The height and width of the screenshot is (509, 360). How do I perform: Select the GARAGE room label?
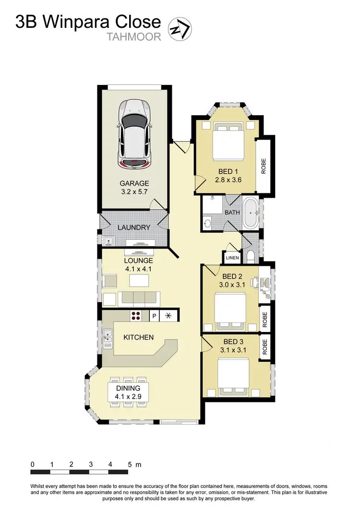(134, 183)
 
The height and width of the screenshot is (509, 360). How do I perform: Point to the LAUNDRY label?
(134, 227)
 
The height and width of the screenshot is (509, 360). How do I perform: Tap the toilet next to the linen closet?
(250, 256)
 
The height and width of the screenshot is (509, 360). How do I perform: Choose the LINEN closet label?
(232, 258)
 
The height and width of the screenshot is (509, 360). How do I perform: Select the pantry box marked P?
(154, 316)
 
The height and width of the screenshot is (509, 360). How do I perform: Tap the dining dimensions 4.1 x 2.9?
(128, 396)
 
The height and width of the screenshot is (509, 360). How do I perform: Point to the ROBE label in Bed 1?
(263, 166)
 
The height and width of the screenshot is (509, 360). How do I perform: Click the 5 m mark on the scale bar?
(130, 464)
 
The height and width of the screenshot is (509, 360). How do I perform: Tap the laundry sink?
(108, 240)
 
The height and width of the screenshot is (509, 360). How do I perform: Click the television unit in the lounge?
(140, 253)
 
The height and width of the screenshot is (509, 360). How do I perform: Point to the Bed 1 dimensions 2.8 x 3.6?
(228, 180)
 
